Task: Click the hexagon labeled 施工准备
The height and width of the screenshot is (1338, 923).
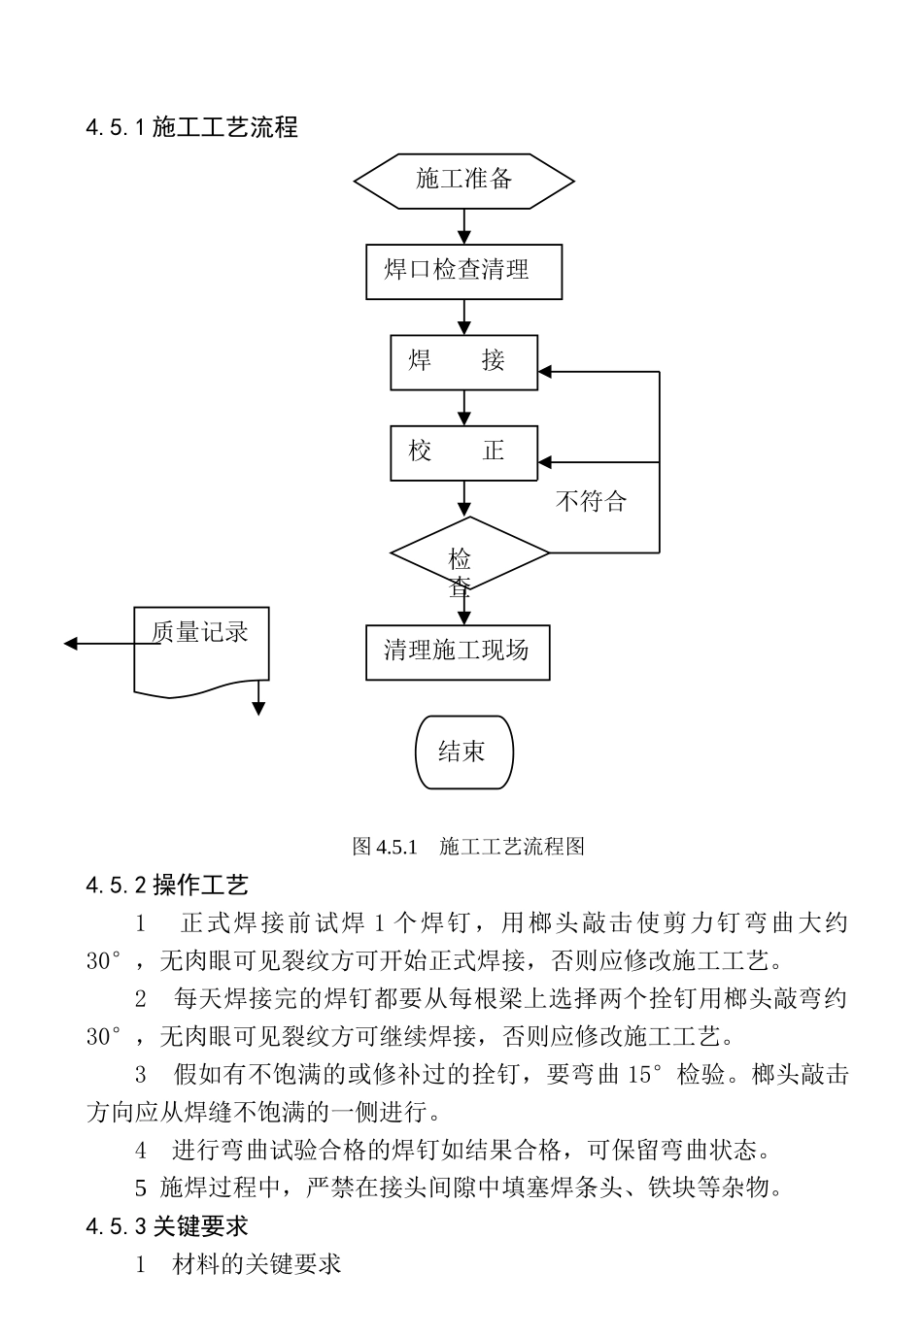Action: coord(463,181)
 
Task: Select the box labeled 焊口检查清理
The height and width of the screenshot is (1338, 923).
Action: coord(463,271)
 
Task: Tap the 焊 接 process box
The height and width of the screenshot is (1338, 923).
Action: coord(463,362)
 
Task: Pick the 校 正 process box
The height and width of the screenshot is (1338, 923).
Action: coord(463,452)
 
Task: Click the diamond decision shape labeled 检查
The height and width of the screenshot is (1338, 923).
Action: coord(469,553)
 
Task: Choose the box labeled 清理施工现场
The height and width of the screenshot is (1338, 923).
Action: coord(458,652)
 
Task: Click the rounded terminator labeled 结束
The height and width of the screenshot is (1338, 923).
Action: coord(463,753)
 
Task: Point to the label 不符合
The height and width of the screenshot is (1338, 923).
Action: coord(591,502)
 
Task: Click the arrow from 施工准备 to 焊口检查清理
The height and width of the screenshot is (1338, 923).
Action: coord(464,226)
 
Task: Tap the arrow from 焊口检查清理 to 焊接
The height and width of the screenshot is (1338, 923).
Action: coord(464,316)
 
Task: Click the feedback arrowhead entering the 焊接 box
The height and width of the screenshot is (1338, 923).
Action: coord(546,372)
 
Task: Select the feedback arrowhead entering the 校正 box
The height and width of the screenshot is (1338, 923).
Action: coord(546,462)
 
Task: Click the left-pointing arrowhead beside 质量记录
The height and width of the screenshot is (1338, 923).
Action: coord(71,644)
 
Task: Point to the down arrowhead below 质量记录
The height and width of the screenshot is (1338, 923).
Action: coord(258,708)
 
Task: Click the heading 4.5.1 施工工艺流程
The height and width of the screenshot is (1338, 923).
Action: coord(191,127)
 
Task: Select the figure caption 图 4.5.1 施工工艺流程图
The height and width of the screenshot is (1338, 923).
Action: coord(467,847)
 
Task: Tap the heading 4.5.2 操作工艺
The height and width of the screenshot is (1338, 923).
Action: coord(167,885)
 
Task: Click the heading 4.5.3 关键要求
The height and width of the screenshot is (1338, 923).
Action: coord(167,1226)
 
